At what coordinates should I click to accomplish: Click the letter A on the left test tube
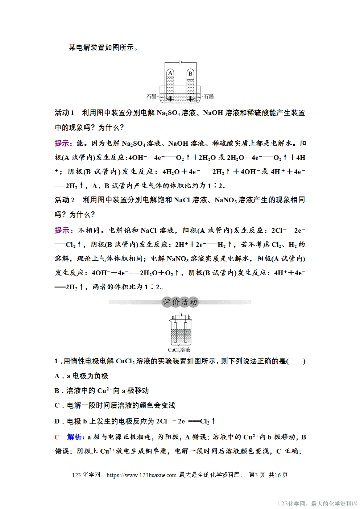[x=170, y=73]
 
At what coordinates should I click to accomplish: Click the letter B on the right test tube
[x=190, y=74]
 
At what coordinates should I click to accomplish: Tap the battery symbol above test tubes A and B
[x=181, y=62]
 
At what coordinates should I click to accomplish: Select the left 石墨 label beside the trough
[x=152, y=96]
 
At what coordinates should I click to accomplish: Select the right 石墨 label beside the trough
[x=208, y=96]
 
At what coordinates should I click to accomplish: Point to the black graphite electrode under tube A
[x=170, y=98]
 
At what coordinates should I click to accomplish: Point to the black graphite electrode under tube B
[x=190, y=98]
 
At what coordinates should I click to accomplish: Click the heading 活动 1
[x=65, y=113]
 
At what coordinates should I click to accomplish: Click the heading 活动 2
[x=65, y=200]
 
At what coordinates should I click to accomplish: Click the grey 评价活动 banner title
[x=180, y=302]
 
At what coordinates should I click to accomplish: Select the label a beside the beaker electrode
[x=173, y=317]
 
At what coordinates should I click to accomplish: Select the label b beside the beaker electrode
[x=189, y=317]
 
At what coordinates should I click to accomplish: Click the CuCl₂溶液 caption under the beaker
[x=179, y=350]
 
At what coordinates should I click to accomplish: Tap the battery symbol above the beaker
[x=181, y=316]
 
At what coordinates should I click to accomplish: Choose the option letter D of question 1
[x=57, y=421]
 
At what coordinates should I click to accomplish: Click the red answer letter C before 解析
[x=57, y=437]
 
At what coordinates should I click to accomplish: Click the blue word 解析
[x=75, y=437]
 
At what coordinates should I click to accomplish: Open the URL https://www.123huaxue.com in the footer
[x=141, y=475]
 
